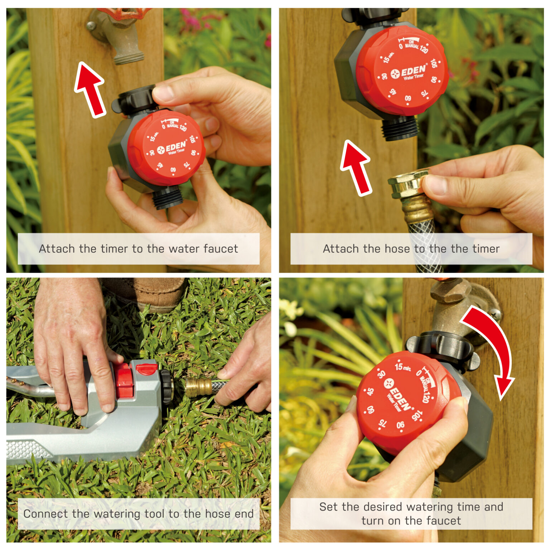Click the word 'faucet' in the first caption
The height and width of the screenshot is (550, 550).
point(221,249)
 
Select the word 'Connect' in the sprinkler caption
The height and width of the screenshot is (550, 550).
point(45,514)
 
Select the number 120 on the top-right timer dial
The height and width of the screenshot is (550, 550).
point(424,49)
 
